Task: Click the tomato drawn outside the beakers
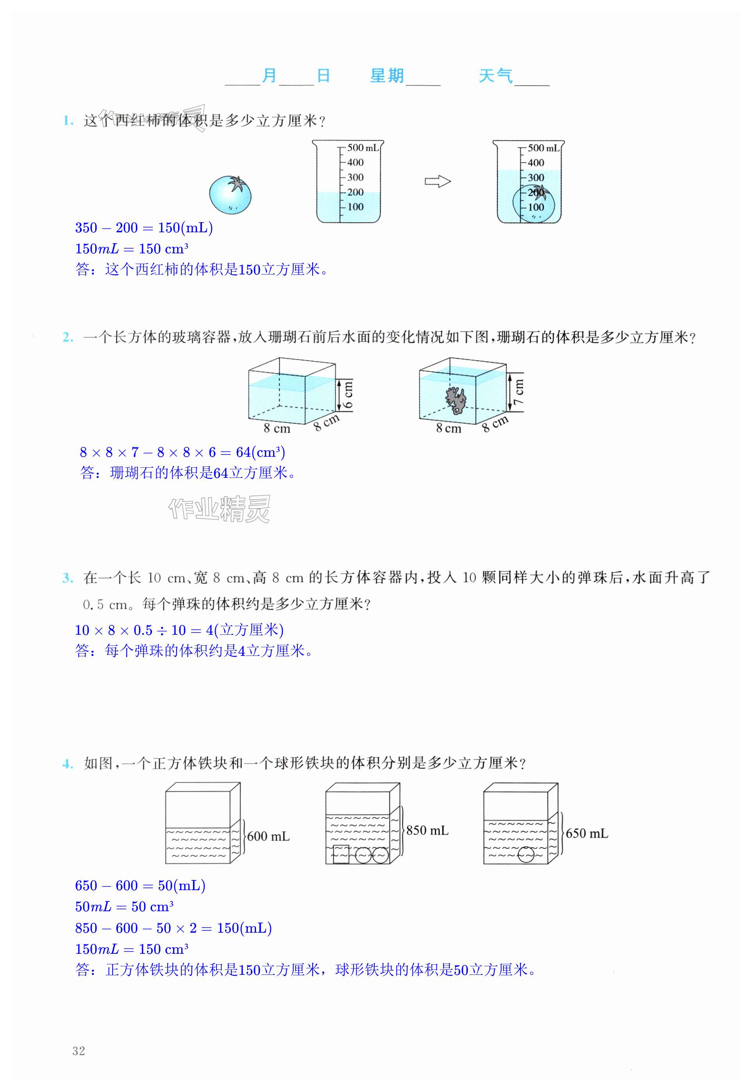click(x=230, y=194)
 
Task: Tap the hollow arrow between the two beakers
click(x=438, y=182)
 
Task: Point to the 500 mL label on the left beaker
click(x=363, y=148)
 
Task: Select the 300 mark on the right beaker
click(x=535, y=178)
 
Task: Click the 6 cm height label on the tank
click(x=348, y=394)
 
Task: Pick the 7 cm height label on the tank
click(x=519, y=392)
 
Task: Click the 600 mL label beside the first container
click(x=268, y=836)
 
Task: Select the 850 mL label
click(x=427, y=830)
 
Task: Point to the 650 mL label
click(x=587, y=834)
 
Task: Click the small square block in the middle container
click(x=341, y=854)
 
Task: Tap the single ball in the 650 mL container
click(x=526, y=854)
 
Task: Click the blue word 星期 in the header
click(x=387, y=76)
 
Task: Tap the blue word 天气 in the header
click(x=495, y=76)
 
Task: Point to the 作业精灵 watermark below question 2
click(x=220, y=509)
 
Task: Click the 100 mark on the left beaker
click(x=355, y=207)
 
